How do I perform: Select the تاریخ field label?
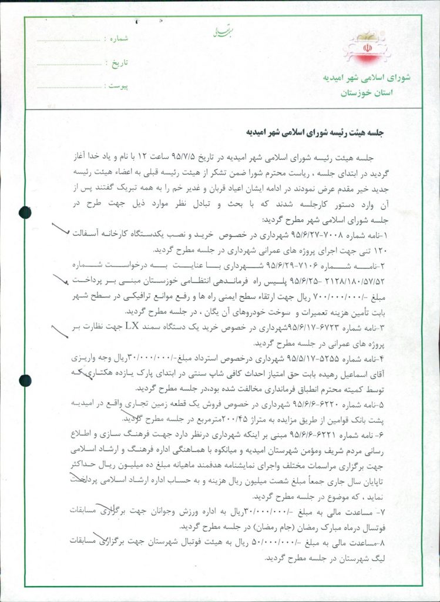(x=120, y=62)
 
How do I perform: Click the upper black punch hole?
(x=24, y=212)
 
